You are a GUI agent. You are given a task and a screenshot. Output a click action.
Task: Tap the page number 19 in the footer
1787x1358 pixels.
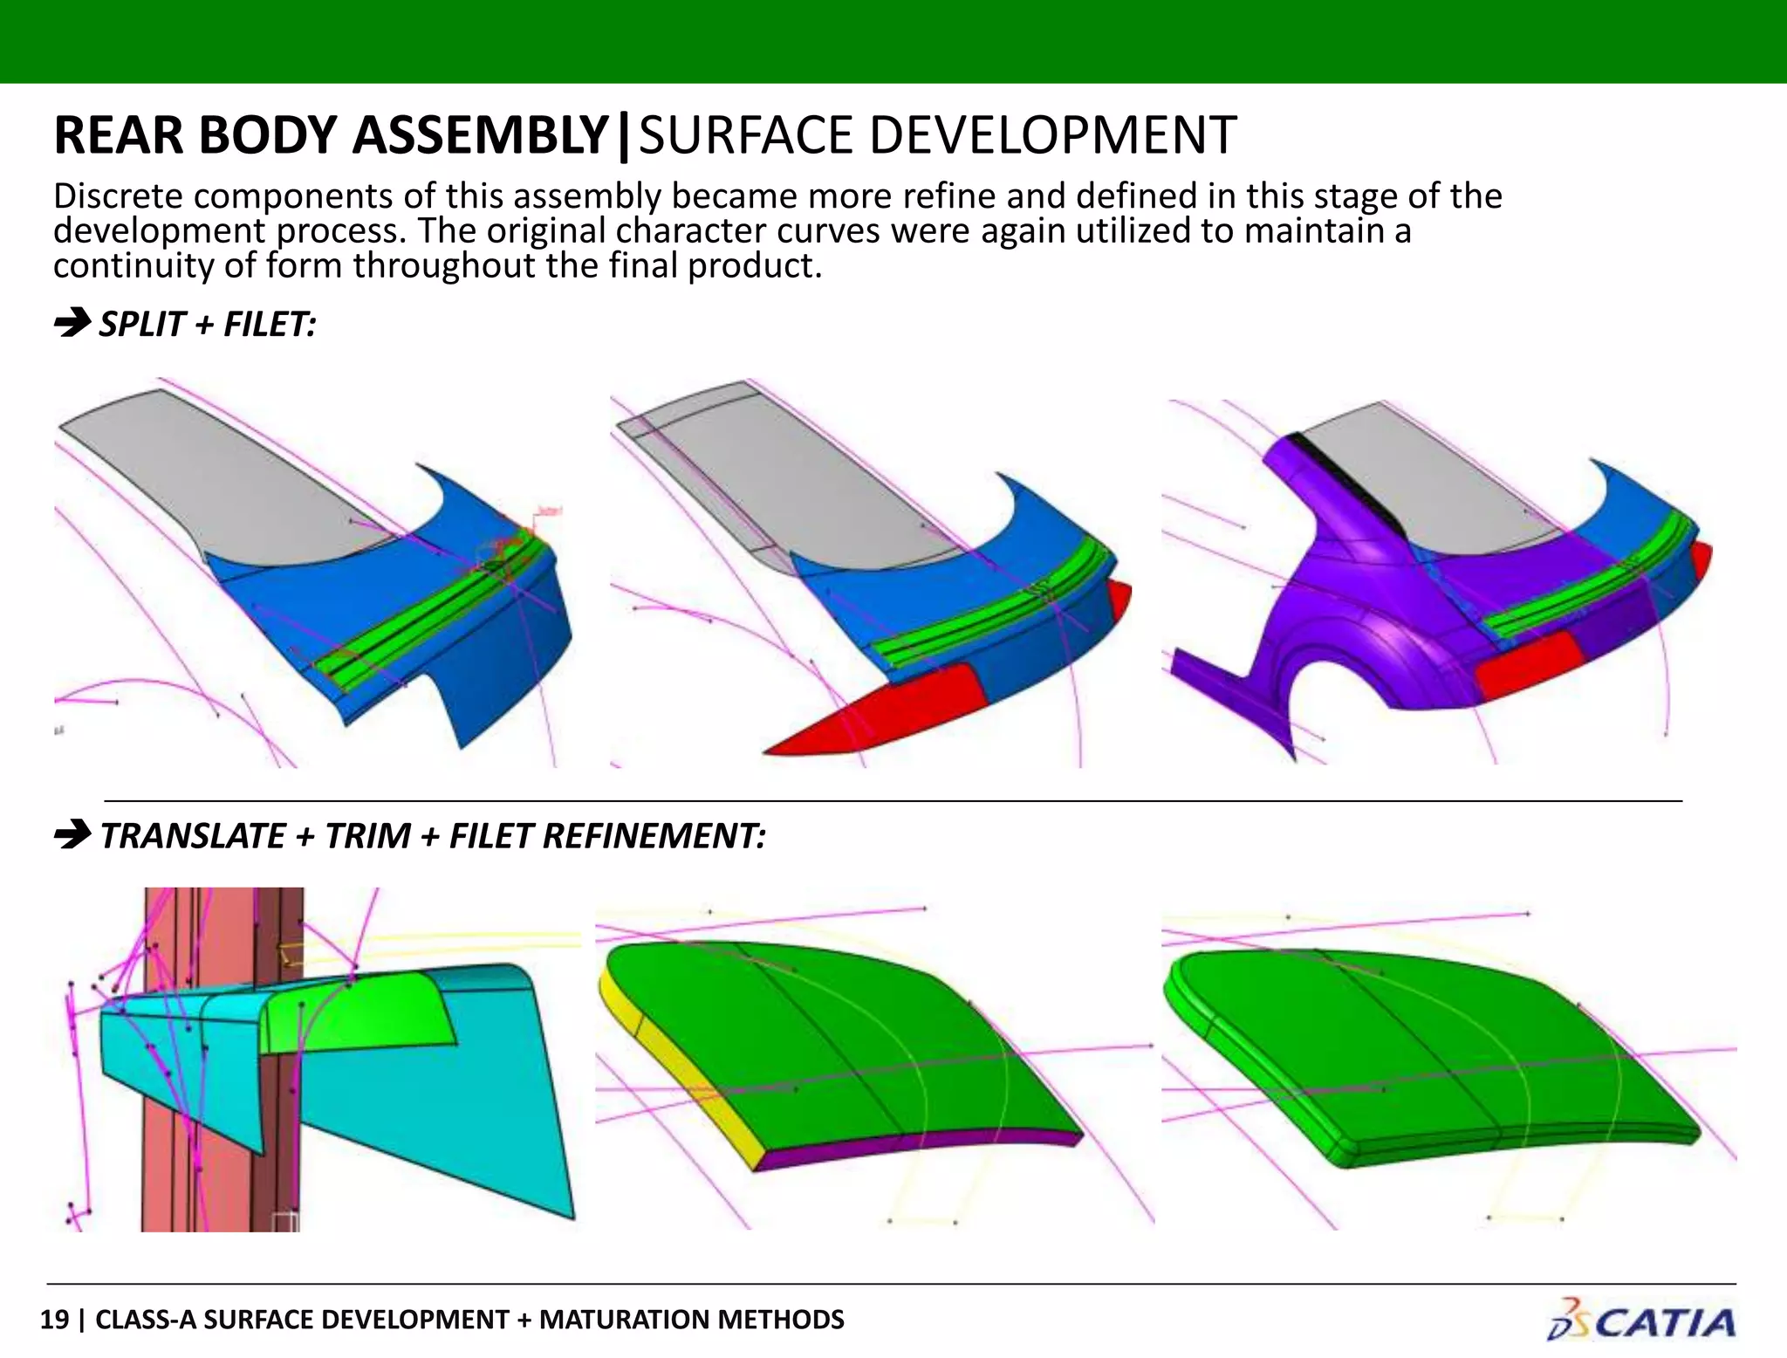click(54, 1320)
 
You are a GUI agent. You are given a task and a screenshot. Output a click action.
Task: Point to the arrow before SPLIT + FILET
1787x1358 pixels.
click(72, 323)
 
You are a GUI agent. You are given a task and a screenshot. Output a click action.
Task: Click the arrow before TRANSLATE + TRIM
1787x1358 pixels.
click(72, 834)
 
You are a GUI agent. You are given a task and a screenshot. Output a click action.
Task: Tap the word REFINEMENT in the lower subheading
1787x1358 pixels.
click(654, 836)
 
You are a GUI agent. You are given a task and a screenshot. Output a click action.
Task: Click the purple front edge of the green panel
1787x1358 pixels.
click(916, 1149)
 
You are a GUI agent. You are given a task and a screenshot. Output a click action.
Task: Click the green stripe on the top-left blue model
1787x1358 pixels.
click(419, 620)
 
